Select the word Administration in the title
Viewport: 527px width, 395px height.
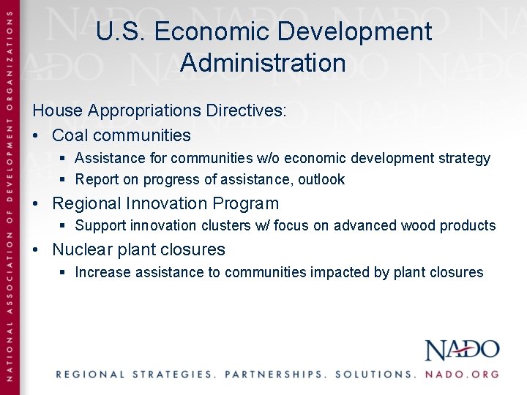263,62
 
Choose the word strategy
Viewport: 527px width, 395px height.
464,158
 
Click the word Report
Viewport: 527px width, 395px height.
96,179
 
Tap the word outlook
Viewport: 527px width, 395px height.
321,179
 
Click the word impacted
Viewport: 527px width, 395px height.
339,273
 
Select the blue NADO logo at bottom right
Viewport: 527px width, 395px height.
462,350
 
